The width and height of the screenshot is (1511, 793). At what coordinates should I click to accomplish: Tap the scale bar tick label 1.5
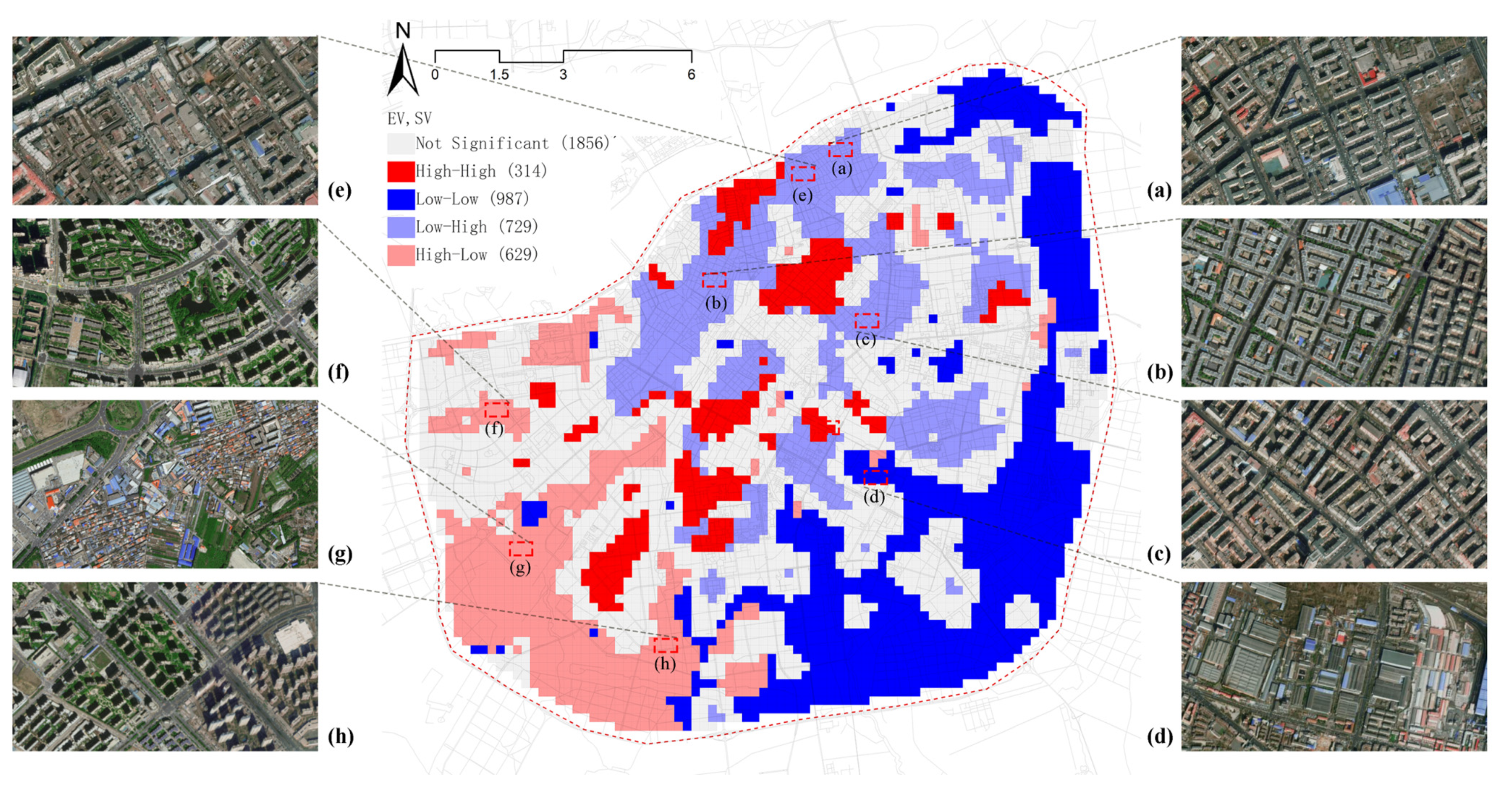coord(499,75)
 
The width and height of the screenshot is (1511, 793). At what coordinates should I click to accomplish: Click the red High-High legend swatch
coord(400,171)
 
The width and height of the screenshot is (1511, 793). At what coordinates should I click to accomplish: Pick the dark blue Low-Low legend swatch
coord(400,199)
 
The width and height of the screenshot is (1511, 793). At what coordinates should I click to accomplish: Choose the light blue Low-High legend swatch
coord(400,227)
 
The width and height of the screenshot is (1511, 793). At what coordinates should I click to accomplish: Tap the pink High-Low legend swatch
coord(400,255)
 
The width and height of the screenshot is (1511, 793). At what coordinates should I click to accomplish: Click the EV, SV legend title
coord(409,118)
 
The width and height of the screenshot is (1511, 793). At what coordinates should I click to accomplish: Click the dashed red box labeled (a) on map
coord(840,149)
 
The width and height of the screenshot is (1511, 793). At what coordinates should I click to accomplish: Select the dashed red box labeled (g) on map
coord(520,548)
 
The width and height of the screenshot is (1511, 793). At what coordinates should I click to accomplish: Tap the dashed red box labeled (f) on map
coord(496,409)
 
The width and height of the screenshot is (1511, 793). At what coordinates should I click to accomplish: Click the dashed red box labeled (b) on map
coord(714,280)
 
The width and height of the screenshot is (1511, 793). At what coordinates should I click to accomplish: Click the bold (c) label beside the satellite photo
coord(1159,554)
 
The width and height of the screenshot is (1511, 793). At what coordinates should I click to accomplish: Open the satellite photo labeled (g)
coord(165,484)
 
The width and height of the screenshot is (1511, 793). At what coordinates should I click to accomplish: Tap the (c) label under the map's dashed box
coord(865,339)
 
